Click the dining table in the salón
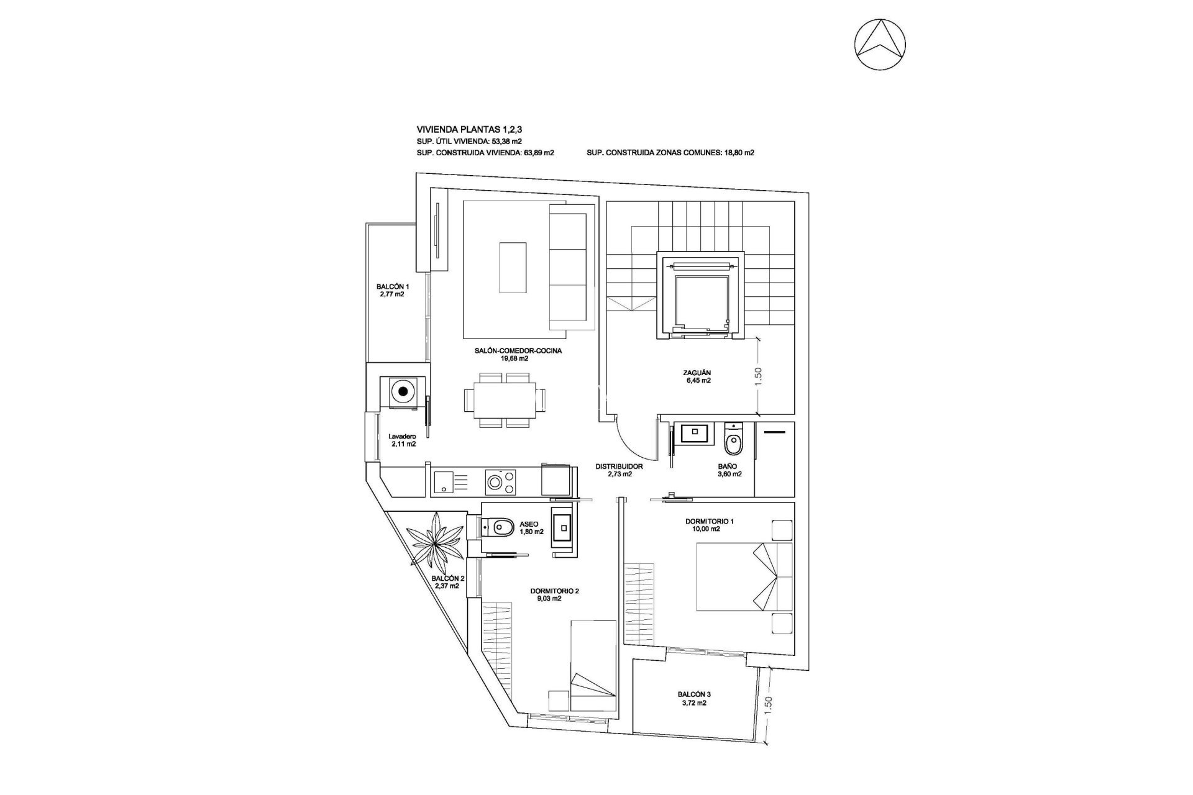[x=500, y=400]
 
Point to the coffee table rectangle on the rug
[x=513, y=266]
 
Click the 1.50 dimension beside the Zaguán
[x=758, y=375]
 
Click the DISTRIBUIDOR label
[x=619, y=470]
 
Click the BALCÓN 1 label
[x=392, y=290]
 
